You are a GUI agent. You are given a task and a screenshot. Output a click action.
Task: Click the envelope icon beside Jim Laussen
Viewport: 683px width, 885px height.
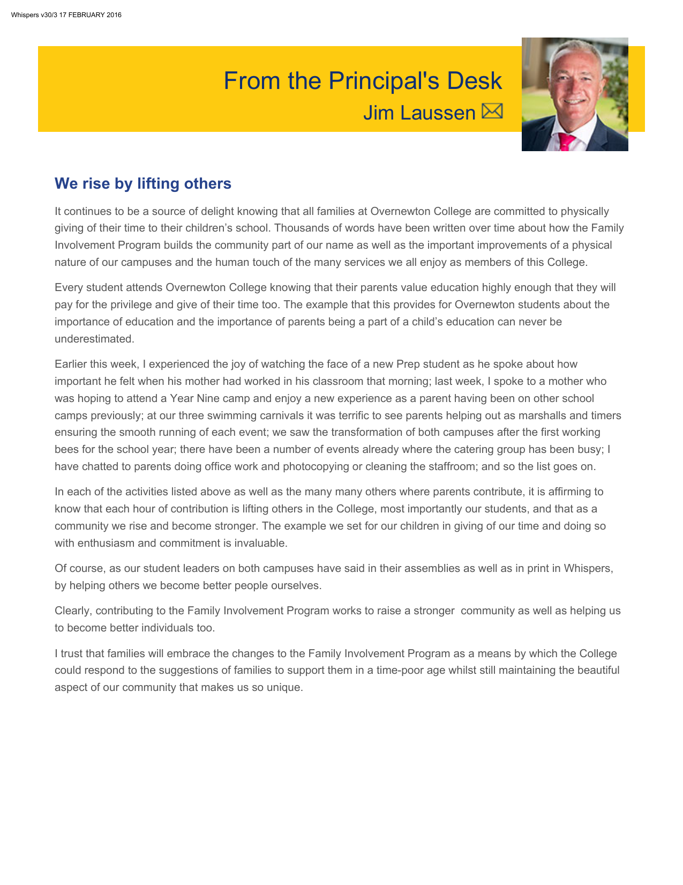tap(492, 111)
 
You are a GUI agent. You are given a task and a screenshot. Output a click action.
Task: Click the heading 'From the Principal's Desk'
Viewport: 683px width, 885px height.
tap(362, 81)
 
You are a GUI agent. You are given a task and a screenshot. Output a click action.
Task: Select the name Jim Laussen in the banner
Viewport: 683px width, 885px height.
tap(419, 113)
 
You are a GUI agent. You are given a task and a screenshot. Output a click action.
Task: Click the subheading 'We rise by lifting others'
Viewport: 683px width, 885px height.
tap(143, 183)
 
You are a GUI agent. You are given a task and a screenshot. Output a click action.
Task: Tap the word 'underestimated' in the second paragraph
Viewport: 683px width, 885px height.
tap(93, 339)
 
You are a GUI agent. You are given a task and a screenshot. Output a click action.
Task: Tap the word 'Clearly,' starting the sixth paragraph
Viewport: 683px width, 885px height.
tap(73, 611)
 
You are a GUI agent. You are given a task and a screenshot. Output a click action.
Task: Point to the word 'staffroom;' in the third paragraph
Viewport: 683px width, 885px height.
tap(452, 466)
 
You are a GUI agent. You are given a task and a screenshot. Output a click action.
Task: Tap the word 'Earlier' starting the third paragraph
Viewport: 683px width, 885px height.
tap(71, 364)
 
